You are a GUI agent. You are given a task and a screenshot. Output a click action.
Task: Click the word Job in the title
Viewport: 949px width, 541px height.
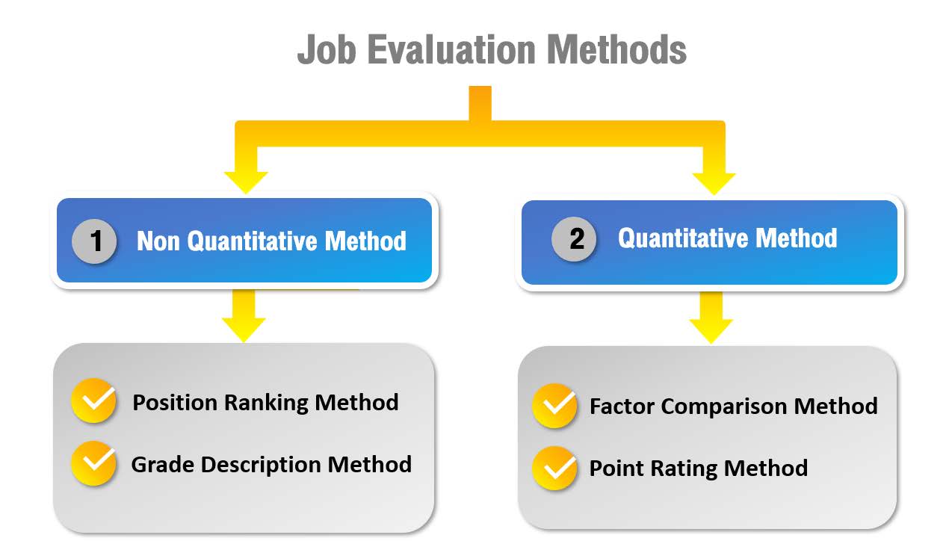pyautogui.click(x=327, y=50)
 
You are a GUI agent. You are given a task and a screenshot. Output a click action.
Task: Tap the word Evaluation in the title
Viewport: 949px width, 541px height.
pyautogui.click(x=451, y=49)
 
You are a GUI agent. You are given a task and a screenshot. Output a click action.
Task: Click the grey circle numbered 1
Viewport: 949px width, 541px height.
pyautogui.click(x=94, y=241)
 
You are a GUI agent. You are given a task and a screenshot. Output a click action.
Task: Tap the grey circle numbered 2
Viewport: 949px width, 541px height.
pyautogui.click(x=574, y=239)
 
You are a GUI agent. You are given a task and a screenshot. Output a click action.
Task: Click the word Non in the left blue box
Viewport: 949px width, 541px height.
pyautogui.click(x=158, y=241)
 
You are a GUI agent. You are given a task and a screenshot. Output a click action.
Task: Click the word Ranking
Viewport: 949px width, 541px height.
pyautogui.click(x=266, y=403)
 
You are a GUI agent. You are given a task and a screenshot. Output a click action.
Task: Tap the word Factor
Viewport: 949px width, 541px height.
pyautogui.click(x=622, y=406)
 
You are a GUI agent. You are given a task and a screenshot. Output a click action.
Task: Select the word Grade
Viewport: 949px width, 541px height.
pyautogui.click(x=163, y=464)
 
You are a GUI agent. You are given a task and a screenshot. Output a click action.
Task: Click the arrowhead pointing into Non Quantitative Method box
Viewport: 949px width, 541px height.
pyautogui.click(x=246, y=182)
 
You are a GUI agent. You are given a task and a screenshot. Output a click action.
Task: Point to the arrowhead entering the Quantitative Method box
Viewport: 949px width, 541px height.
pyautogui.click(x=714, y=183)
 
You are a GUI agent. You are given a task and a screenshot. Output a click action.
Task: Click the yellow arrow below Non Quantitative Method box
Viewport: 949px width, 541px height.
pyautogui.click(x=244, y=315)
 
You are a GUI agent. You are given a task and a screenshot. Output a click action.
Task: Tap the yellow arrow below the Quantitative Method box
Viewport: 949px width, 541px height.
pyautogui.click(x=711, y=318)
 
